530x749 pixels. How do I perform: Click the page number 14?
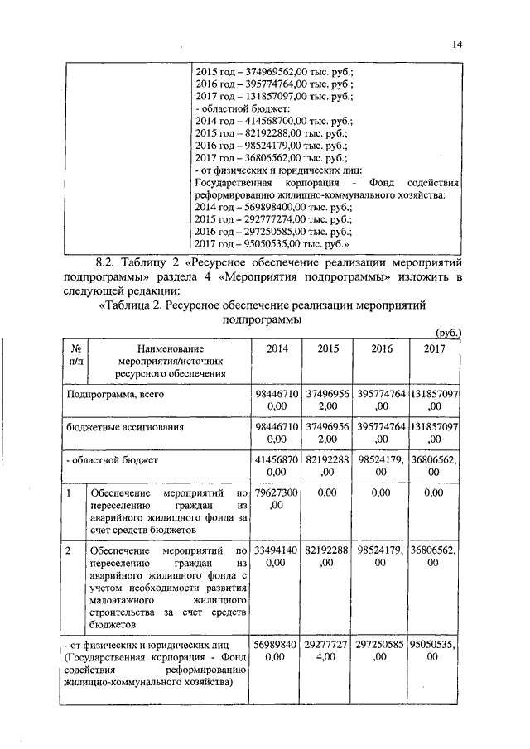click(457, 44)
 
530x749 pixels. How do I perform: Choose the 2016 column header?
click(381, 348)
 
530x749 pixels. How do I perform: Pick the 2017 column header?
click(434, 348)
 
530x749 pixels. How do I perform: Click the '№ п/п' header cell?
click(75, 355)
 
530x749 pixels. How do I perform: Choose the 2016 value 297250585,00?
click(381, 650)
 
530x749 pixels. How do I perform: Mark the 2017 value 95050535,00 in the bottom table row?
click(434, 650)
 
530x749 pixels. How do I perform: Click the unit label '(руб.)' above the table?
click(448, 332)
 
